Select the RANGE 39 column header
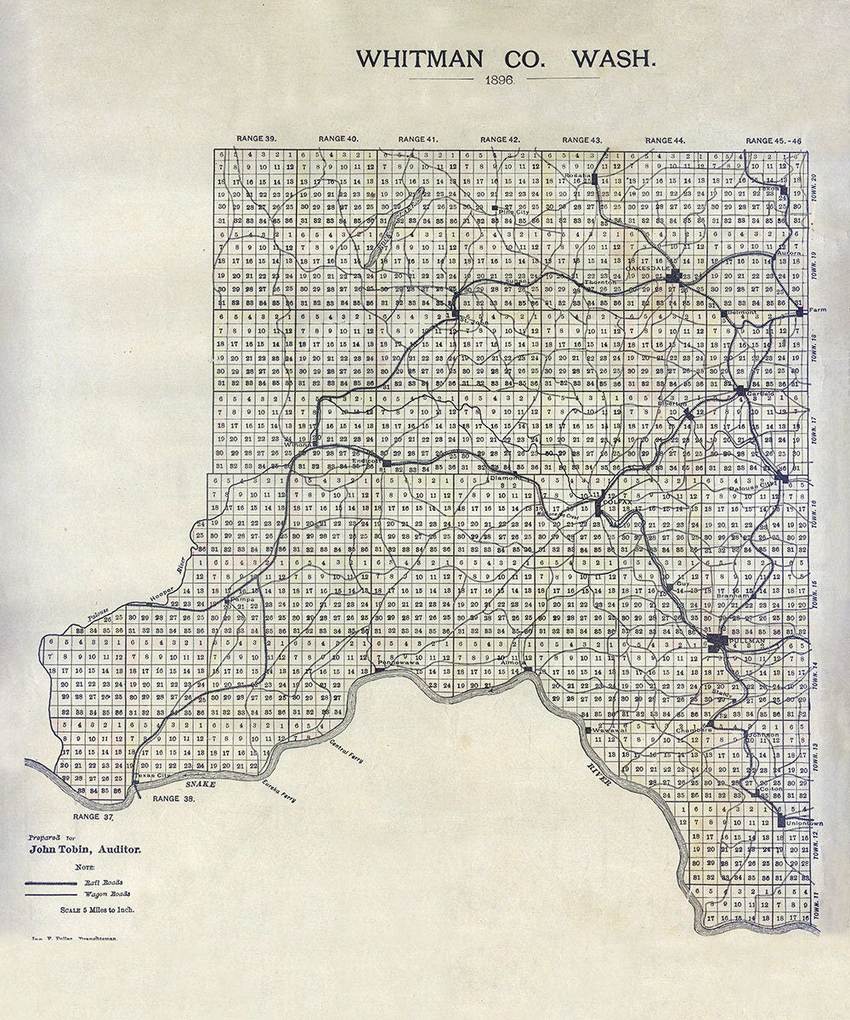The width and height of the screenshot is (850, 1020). [x=257, y=139]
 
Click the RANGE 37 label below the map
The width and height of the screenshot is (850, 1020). [x=94, y=817]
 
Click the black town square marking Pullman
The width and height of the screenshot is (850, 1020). [x=717, y=643]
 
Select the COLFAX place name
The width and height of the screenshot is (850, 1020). [x=615, y=503]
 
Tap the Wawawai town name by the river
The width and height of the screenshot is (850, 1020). [x=607, y=728]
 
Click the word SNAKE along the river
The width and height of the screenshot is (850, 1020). [x=201, y=783]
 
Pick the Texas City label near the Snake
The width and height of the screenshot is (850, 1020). [x=152, y=775]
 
